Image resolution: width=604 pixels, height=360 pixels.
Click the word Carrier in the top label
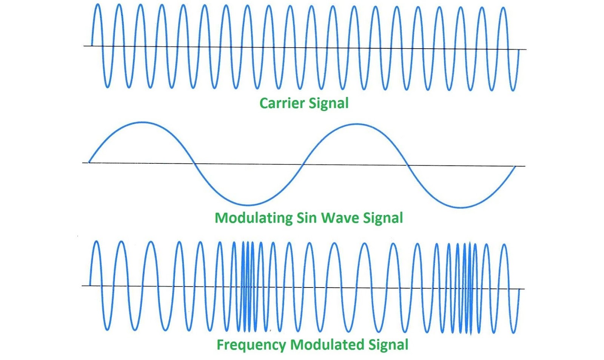282,103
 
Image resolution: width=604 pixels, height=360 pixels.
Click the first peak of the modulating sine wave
142,122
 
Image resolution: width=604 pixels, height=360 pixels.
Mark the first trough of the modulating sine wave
247,205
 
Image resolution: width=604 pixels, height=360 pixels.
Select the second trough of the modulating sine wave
461,207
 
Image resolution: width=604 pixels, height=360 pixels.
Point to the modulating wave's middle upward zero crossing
303,165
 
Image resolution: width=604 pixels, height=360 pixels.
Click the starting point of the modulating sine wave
89,162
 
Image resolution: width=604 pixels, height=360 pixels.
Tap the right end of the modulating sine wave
515,166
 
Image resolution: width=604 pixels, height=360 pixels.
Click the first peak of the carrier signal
97,5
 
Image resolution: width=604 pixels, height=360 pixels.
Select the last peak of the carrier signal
502,8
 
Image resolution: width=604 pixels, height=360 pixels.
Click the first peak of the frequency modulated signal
96,242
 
